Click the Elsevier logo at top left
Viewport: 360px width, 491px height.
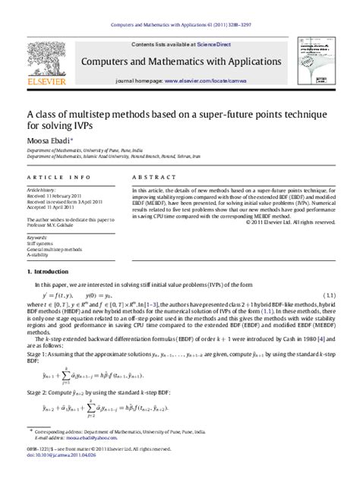pyautogui.click(x=43, y=63)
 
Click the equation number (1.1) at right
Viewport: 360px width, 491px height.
pyautogui.click(x=327, y=294)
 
